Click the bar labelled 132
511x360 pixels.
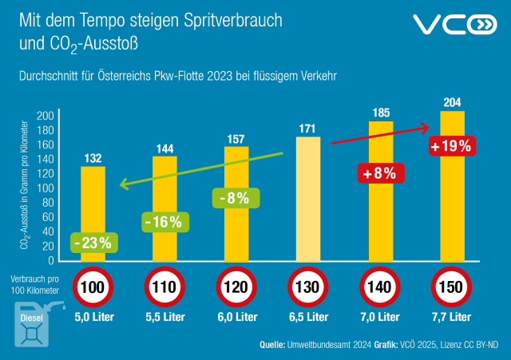point(93,200)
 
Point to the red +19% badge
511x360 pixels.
point(452,146)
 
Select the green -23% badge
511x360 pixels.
point(93,242)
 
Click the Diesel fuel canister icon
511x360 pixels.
point(32,322)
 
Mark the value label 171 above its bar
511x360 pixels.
point(308,128)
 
